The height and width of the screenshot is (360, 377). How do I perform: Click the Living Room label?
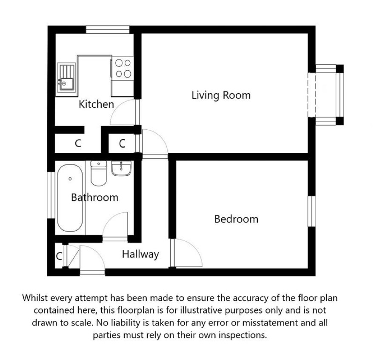tap(221, 95)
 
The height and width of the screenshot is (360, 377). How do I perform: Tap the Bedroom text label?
tap(236, 219)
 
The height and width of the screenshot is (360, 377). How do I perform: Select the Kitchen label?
tap(97, 104)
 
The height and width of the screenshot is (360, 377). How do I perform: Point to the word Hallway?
tap(140, 254)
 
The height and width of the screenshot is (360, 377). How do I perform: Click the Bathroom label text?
tap(95, 197)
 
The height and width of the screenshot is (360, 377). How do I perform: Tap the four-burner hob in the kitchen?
tap(123, 68)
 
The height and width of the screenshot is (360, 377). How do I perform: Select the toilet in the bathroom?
tap(99, 173)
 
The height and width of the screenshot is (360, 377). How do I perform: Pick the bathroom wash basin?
tap(121, 168)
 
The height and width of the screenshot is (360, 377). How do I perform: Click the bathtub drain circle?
tap(70, 179)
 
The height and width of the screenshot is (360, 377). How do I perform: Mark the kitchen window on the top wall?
tap(108, 30)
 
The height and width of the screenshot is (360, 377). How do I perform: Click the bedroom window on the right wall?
tap(311, 211)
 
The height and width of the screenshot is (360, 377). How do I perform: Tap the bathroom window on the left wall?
tap(51, 195)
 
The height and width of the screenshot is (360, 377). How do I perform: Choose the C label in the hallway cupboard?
tap(59, 256)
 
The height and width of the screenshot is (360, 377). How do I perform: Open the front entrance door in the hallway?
tap(92, 259)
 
